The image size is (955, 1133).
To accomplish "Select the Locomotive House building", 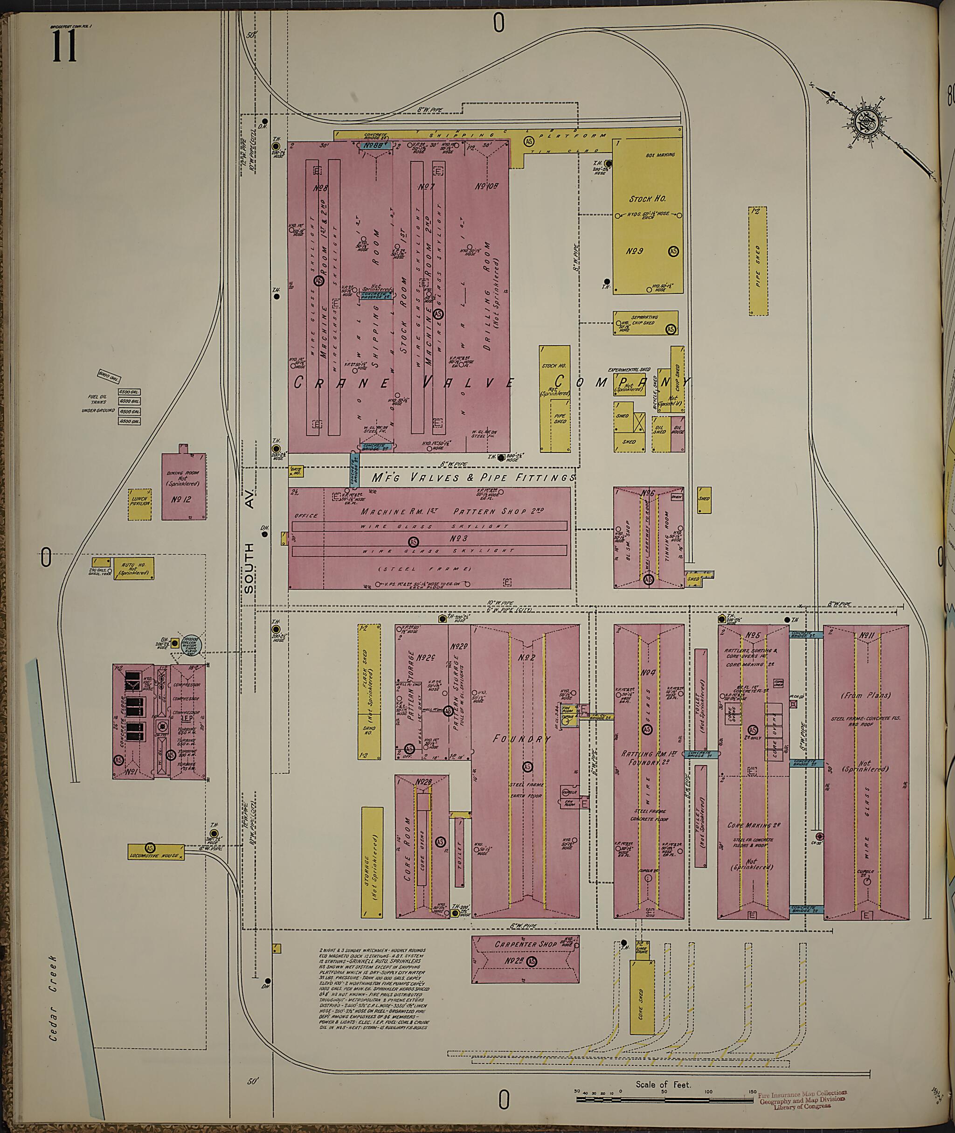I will tap(156, 852).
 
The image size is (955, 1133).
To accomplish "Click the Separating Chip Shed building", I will tap(645, 322).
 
